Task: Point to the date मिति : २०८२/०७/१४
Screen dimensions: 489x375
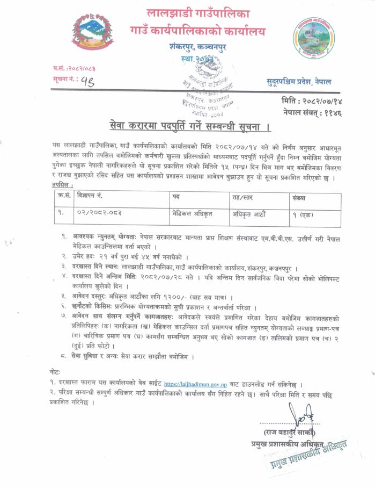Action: (313, 100)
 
